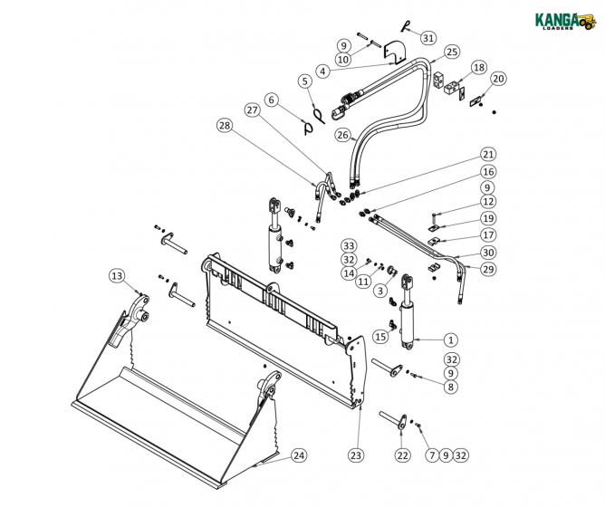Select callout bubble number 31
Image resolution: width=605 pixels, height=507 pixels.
point(428,37)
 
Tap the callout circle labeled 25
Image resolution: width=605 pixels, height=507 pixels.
point(451,52)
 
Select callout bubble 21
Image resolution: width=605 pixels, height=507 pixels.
point(488,154)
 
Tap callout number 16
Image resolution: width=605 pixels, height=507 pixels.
point(488,171)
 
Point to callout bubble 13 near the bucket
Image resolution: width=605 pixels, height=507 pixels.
point(116,275)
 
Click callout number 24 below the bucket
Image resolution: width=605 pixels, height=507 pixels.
point(298,455)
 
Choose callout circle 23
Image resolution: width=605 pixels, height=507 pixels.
point(355,455)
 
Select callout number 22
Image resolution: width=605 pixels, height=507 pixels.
point(403,455)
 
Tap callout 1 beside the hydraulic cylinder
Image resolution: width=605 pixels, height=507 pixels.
point(450,340)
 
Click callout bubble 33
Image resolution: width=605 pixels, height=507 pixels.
point(348,245)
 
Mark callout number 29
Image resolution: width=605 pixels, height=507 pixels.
point(488,269)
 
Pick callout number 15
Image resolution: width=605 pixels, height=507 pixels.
point(380,336)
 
